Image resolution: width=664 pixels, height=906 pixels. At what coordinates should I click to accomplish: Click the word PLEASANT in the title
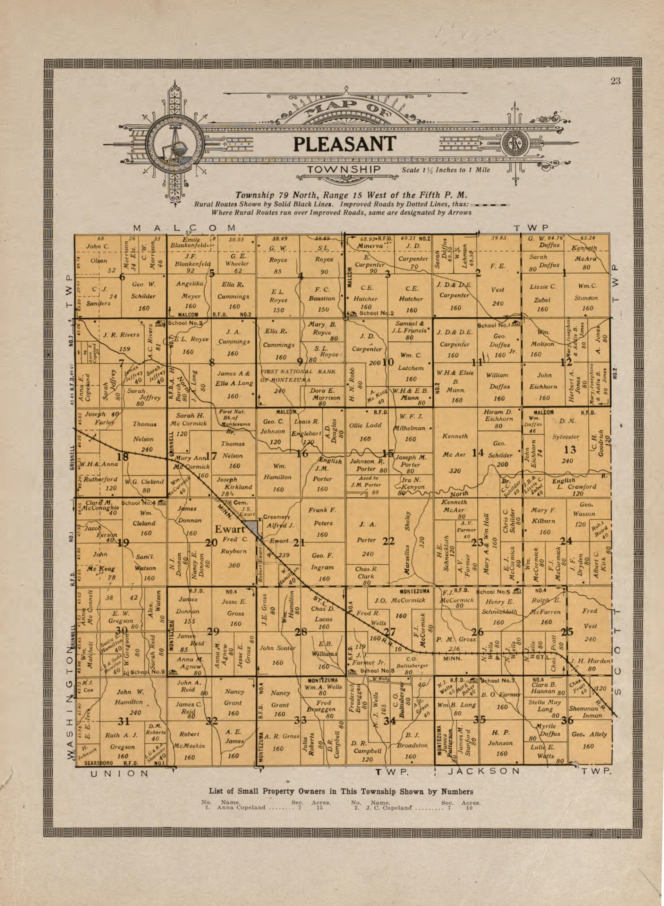click(344, 144)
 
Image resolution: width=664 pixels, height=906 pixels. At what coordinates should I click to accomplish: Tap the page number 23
click(615, 81)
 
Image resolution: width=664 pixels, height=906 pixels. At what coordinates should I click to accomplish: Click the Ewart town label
click(230, 529)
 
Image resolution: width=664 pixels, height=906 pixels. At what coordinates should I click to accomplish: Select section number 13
click(570, 450)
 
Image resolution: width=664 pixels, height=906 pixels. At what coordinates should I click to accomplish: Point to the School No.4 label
click(142, 502)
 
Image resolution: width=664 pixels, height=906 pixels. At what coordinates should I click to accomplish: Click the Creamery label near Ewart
click(276, 517)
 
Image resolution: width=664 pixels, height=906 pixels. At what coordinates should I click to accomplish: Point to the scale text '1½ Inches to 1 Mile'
click(446, 170)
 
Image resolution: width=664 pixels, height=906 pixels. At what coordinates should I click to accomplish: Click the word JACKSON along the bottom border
click(484, 771)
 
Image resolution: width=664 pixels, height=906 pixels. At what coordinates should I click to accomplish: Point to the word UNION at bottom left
click(119, 773)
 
